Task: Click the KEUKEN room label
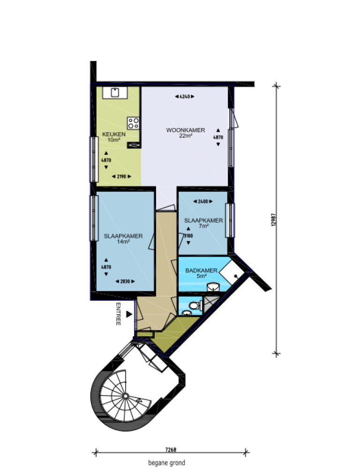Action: click(114, 135)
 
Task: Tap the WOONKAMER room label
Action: click(186, 130)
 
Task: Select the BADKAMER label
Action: click(201, 271)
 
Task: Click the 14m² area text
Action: click(123, 242)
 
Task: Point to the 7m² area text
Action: click(203, 226)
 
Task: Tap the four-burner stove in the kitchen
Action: click(133, 123)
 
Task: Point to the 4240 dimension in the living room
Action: click(184, 97)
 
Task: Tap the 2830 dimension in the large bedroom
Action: click(125, 281)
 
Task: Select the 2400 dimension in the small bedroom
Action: click(202, 201)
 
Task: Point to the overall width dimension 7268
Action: click(171, 450)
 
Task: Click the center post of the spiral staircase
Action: click(125, 396)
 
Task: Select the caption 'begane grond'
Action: click(166, 463)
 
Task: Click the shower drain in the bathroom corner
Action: click(237, 276)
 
